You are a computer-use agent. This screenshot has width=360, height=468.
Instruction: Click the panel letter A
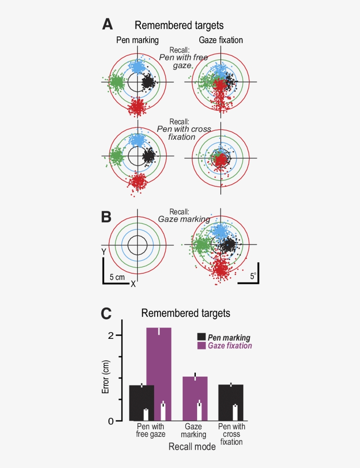pos(107,24)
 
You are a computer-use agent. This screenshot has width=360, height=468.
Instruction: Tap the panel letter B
pos(107,217)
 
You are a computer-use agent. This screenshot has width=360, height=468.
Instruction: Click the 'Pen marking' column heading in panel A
pos(137,40)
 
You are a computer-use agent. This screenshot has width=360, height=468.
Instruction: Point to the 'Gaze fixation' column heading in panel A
pos(221,40)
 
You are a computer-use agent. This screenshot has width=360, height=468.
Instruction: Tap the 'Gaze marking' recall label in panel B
pos(184,219)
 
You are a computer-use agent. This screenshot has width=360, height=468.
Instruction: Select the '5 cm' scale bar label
pos(117,277)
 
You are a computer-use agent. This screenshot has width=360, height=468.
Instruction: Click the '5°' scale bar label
pos(253,276)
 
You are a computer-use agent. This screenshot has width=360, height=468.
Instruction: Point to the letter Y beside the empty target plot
pos(104,252)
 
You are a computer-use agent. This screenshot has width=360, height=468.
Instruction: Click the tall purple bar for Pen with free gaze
pos(158,365)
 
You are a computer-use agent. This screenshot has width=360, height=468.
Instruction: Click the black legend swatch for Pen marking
pos(201,337)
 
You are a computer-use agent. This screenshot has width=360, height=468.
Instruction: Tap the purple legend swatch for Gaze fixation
pos(201,346)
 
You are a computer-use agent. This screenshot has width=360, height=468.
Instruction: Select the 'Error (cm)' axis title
pos(105,377)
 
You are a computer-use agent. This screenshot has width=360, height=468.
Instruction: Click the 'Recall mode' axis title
pos(192,447)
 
